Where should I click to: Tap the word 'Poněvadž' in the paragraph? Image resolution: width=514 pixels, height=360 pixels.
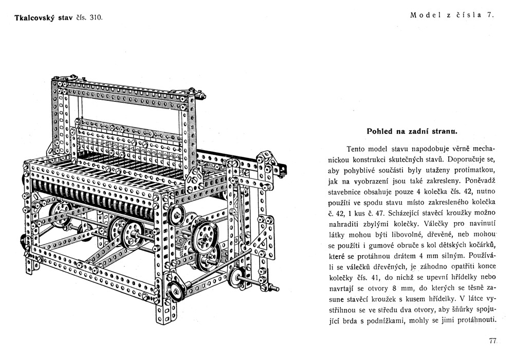pos(478,181)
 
